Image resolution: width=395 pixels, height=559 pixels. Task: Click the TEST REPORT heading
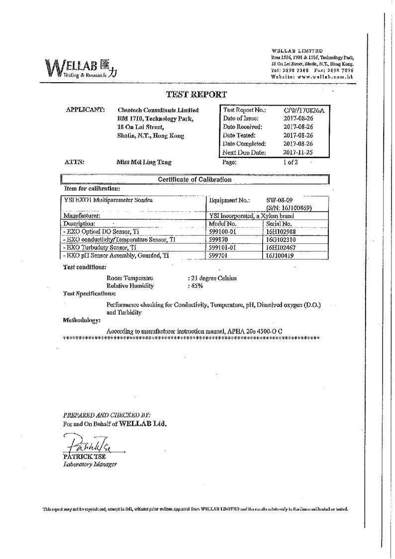196,94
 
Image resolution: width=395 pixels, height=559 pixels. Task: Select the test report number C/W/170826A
303,110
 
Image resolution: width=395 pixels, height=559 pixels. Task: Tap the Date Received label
243,127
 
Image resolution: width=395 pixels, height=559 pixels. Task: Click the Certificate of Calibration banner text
195,180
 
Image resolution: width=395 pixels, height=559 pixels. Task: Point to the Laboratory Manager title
90,464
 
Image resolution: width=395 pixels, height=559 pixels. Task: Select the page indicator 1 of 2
291,162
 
